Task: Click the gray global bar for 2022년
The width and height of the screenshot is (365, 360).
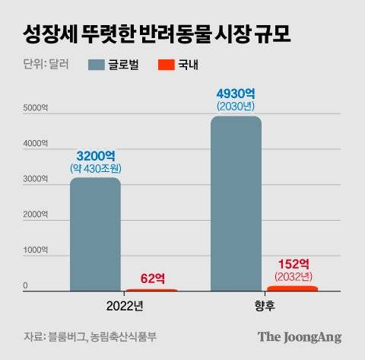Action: (95, 234)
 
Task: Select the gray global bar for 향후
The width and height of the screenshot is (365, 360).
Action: (236, 203)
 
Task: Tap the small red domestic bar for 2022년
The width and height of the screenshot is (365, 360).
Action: (151, 290)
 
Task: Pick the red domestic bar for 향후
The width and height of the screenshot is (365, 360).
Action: (292, 288)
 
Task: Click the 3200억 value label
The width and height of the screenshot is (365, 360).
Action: (95, 154)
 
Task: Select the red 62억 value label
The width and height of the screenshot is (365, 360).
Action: (152, 279)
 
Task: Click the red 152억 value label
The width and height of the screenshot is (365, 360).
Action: (292, 261)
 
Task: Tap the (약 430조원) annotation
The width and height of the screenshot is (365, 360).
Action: (95, 167)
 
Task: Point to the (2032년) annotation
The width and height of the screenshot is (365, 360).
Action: (292, 275)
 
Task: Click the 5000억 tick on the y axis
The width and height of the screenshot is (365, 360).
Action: (35, 108)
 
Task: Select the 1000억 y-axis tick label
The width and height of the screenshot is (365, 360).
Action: (35, 250)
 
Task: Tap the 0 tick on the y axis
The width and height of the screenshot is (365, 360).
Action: (25, 286)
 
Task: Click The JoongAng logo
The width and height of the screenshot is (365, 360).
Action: (299, 336)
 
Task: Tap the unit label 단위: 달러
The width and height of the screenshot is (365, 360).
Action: (46, 64)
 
